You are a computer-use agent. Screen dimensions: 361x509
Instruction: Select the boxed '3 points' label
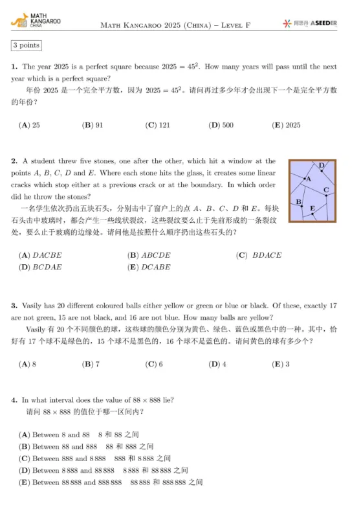pyautogui.click(x=27, y=45)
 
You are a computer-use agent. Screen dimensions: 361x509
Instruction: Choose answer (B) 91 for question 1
pyautogui.click(x=93, y=125)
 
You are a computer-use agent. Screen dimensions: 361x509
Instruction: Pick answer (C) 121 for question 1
pyautogui.click(x=157, y=125)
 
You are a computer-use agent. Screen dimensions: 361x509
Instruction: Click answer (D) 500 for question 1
pyautogui.click(x=221, y=125)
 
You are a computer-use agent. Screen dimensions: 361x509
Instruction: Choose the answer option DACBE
pyautogui.click(x=40, y=255)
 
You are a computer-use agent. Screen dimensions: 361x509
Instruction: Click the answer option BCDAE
pyautogui.click(x=40, y=267)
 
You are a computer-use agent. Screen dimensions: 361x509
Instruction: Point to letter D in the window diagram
pyautogui.click(x=322, y=166)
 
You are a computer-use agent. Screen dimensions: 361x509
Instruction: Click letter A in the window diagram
pyautogui.click(x=309, y=178)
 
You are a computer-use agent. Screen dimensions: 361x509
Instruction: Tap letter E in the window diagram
pyautogui.click(x=312, y=208)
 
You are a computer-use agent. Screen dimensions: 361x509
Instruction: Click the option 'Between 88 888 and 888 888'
pyautogui.click(x=76, y=482)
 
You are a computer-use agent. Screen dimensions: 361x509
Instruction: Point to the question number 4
pyautogui.click(x=14, y=400)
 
